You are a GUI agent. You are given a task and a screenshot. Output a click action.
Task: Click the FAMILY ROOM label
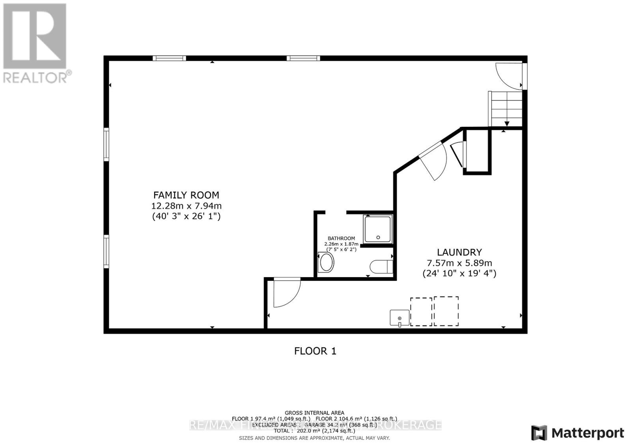pos(186,195)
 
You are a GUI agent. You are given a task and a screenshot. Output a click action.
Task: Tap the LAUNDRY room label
pos(459,252)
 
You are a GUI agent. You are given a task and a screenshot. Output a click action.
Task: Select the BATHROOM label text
pos(342,239)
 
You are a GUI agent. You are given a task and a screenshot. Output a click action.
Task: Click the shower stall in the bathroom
pos(378,229)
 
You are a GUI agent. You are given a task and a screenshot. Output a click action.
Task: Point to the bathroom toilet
pos(382,267)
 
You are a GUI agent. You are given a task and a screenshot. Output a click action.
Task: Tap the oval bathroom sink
pos(326,263)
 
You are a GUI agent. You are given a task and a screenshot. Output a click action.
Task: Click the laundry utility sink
pos(400,317)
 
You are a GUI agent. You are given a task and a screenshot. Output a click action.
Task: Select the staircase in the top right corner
pos(506,109)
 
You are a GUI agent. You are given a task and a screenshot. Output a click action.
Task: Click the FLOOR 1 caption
pos(315,351)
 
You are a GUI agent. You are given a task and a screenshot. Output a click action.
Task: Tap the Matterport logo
pos(578,433)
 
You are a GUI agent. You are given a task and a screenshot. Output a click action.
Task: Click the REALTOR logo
pos(35,43)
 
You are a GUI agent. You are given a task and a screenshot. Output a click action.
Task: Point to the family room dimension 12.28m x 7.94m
pos(186,206)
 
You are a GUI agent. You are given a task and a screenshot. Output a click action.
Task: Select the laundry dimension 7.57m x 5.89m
pos(459,263)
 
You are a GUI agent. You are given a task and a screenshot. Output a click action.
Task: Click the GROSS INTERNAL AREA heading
pos(314,413)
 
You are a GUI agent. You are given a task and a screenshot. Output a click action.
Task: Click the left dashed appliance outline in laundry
pos(421,312)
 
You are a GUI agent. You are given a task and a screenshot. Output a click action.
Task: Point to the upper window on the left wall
pos(106,144)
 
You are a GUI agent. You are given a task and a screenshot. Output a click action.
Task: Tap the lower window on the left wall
pos(106,252)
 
